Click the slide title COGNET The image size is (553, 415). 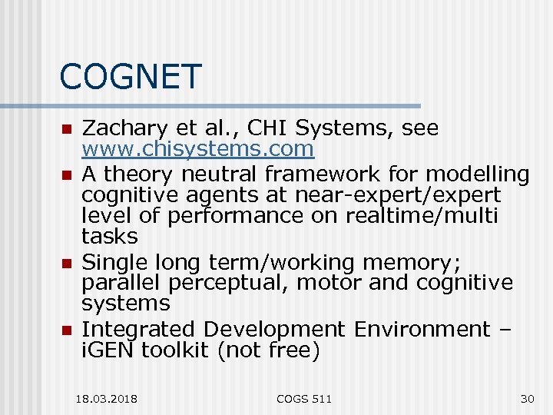pos(130,77)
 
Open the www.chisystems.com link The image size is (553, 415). pos(198,148)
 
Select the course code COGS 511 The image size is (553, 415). pos(305,399)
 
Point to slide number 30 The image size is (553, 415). pos(527,399)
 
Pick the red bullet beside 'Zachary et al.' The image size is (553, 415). pos(67,128)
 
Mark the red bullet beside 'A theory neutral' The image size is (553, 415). pos(67,176)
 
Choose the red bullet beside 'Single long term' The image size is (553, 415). pos(67,264)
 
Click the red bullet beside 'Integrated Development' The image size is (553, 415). pos(67,330)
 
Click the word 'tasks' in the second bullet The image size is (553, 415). pos(110,236)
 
